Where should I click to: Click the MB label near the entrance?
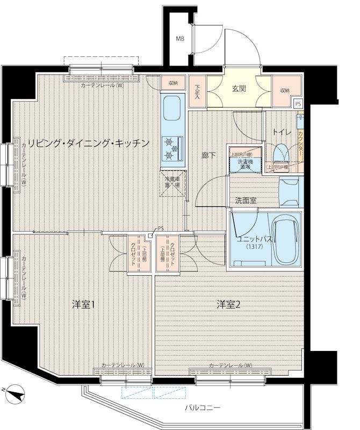pos(180,38)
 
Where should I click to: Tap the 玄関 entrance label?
pos(239,90)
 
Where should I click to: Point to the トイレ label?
pos(282,132)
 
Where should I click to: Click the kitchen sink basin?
pos(173,109)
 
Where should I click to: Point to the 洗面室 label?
pos(245,200)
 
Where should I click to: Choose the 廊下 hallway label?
pos(209,156)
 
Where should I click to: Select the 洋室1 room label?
pos(84,305)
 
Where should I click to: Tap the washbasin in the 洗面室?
pos(291,191)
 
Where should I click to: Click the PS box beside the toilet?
pos(298,104)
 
